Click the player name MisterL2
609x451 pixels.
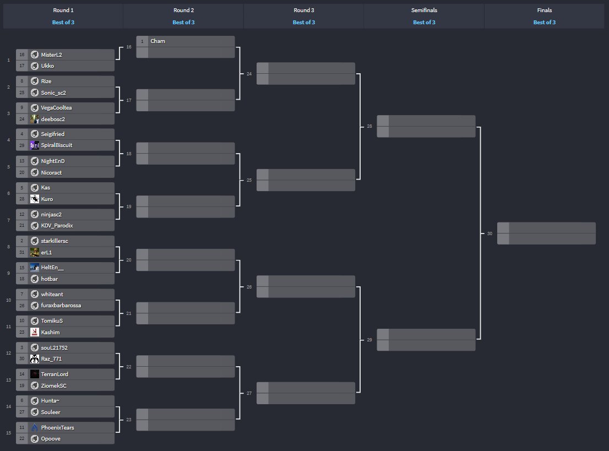pyautogui.click(x=51, y=55)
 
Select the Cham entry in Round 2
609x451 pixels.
pyautogui.click(x=157, y=41)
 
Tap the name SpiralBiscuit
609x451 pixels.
pyautogui.click(x=56, y=145)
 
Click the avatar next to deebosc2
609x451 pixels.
pyautogui.click(x=34, y=119)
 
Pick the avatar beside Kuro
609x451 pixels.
pyautogui.click(x=34, y=199)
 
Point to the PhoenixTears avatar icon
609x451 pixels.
pyautogui.click(x=34, y=427)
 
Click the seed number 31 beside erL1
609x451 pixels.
pyautogui.click(x=21, y=252)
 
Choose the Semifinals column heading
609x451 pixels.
pyautogui.click(x=423, y=10)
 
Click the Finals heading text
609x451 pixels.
pyautogui.click(x=544, y=10)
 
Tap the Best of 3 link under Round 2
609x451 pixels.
pyautogui.click(x=183, y=23)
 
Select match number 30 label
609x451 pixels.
pyautogui.click(x=490, y=233)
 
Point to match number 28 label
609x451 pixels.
pyautogui.click(x=369, y=127)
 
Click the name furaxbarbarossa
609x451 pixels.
pyautogui.click(x=61, y=305)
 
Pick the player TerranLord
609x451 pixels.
pyautogui.click(x=55, y=374)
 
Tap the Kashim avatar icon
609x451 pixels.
pyautogui.click(x=34, y=332)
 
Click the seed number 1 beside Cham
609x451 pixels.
pyautogui.click(x=142, y=41)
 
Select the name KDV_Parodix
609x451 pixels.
pyautogui.click(x=57, y=225)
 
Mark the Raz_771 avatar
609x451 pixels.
pyautogui.click(x=34, y=358)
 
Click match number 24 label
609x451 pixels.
pyautogui.click(x=249, y=74)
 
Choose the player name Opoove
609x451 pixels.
pyautogui.click(x=51, y=438)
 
